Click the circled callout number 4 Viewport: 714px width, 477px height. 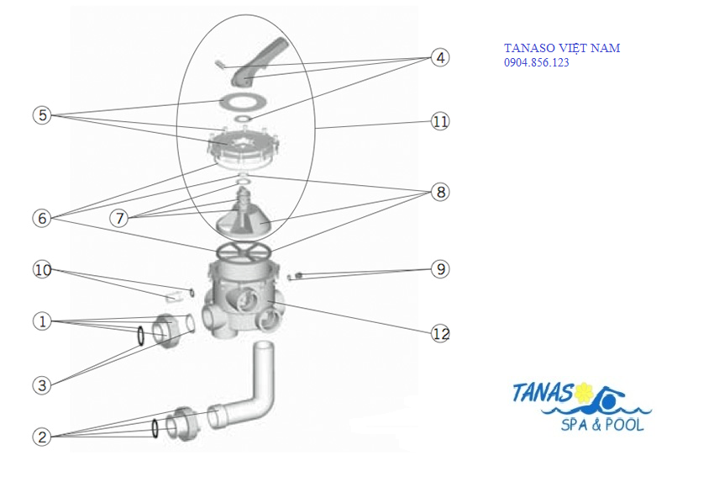440,57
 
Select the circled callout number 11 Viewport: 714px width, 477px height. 440,121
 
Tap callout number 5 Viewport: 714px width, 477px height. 43,115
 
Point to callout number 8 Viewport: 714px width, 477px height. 440,192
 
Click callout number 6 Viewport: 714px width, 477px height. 43,218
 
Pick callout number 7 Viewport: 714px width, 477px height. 120,218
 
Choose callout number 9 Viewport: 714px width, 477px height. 440,269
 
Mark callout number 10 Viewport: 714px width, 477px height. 43,270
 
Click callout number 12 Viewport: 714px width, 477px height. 440,333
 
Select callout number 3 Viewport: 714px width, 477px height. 43,385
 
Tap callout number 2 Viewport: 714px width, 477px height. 43,437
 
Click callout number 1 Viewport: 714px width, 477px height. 43,321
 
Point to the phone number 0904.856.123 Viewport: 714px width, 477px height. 536,62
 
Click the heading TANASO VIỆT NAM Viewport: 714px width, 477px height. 561,48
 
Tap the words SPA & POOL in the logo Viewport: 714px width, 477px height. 601,425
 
